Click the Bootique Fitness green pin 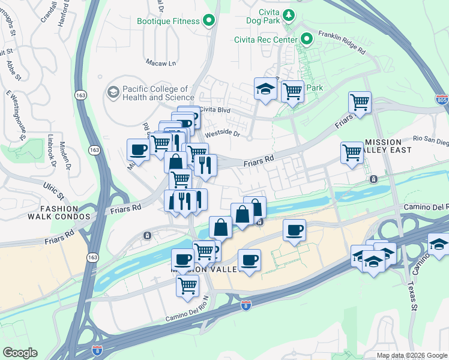(209, 21)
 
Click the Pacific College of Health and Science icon (112, 92)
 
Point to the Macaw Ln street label (161, 62)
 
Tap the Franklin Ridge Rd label (342, 43)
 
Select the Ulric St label (53, 193)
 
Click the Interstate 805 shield (442, 99)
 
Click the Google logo (20, 353)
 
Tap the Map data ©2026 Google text (411, 355)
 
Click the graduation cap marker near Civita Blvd (264, 90)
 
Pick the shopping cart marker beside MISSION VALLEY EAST (352, 152)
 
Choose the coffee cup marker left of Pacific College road (138, 149)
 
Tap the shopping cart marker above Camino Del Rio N (187, 286)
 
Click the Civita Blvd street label (215, 110)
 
